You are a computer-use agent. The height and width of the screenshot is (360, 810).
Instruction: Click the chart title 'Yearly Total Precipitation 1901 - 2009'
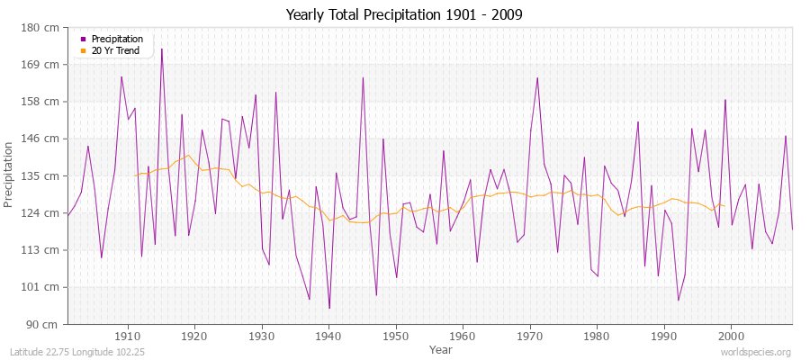(x=403, y=14)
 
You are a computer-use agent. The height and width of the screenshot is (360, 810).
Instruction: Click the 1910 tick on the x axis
(x=128, y=336)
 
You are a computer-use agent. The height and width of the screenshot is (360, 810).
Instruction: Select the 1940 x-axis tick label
(x=329, y=336)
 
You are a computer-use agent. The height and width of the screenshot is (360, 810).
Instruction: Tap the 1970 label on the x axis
(x=530, y=336)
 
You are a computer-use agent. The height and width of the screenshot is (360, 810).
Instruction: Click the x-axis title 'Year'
(x=441, y=348)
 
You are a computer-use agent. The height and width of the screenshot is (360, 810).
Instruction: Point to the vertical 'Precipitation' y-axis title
(x=9, y=175)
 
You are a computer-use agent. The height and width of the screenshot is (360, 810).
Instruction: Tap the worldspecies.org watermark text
(x=756, y=353)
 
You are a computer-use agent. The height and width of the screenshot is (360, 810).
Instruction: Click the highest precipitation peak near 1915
(x=162, y=49)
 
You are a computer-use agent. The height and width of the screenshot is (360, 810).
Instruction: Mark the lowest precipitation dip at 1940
(x=329, y=309)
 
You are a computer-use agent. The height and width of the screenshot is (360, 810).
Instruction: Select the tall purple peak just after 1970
(x=537, y=77)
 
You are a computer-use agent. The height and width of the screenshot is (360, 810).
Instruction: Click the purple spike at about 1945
(x=363, y=77)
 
